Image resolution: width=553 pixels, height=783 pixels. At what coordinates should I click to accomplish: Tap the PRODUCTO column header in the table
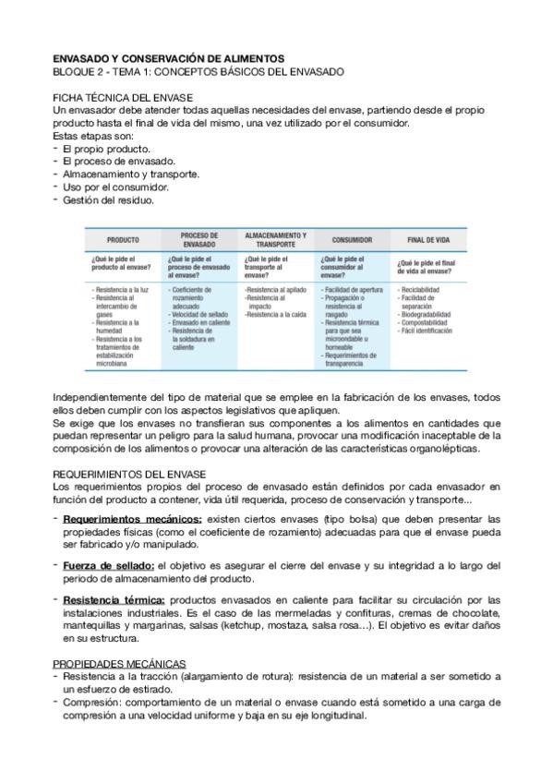coord(123,239)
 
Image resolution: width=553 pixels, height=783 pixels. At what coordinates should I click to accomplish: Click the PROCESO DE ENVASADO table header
coord(199,239)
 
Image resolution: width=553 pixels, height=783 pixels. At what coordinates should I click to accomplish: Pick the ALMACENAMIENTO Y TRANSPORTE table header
coord(275,239)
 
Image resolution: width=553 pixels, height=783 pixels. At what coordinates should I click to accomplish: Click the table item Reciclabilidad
coord(419,290)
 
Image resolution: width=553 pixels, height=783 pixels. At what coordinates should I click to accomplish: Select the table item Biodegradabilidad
coord(427,314)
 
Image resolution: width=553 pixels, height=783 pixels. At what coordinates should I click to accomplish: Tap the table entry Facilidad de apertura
coord(352,290)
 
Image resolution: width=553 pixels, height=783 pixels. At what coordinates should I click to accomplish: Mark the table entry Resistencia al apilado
coord(276,290)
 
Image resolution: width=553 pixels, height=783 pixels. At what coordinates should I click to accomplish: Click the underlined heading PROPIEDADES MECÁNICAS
coord(119,664)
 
